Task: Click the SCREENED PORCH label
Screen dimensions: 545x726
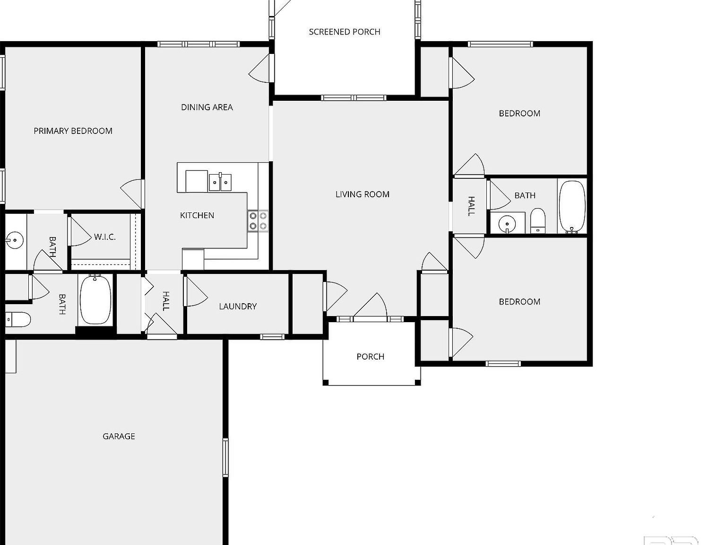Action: coord(345,32)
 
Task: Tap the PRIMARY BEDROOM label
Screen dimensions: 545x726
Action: coord(73,131)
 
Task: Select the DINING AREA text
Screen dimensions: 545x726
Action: coord(207,107)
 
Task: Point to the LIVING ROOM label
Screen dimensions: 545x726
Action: coord(362,194)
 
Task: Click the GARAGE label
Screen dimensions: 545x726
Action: coord(119,436)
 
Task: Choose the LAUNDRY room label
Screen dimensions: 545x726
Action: coord(238,307)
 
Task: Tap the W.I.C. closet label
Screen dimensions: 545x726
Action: coord(104,237)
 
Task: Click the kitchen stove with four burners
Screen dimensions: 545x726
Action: coord(258,221)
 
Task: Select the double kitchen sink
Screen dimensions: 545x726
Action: coord(220,182)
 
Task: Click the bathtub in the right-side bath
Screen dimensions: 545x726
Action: coord(572,207)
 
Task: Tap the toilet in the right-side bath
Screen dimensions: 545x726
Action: coord(538,221)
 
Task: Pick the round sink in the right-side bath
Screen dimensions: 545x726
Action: coord(507,223)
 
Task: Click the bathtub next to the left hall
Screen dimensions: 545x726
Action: coord(95,300)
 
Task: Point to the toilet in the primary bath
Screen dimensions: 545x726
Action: coord(18,320)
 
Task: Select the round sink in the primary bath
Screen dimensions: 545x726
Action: coord(15,240)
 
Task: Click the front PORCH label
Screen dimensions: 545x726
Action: coord(370,357)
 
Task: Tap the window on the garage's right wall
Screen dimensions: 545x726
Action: coord(225,457)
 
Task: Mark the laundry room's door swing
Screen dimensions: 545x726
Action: coord(196,291)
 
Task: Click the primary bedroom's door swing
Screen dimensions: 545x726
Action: coord(132,193)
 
